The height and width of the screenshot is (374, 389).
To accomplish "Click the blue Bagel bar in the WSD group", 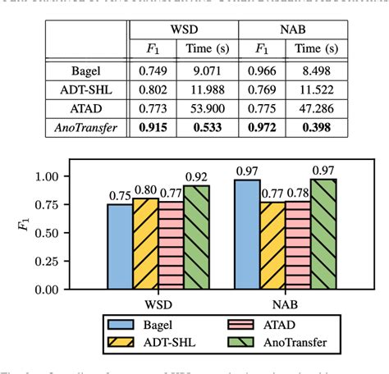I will tap(120, 246).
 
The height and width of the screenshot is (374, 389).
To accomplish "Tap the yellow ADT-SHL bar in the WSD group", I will tap(144, 244).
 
